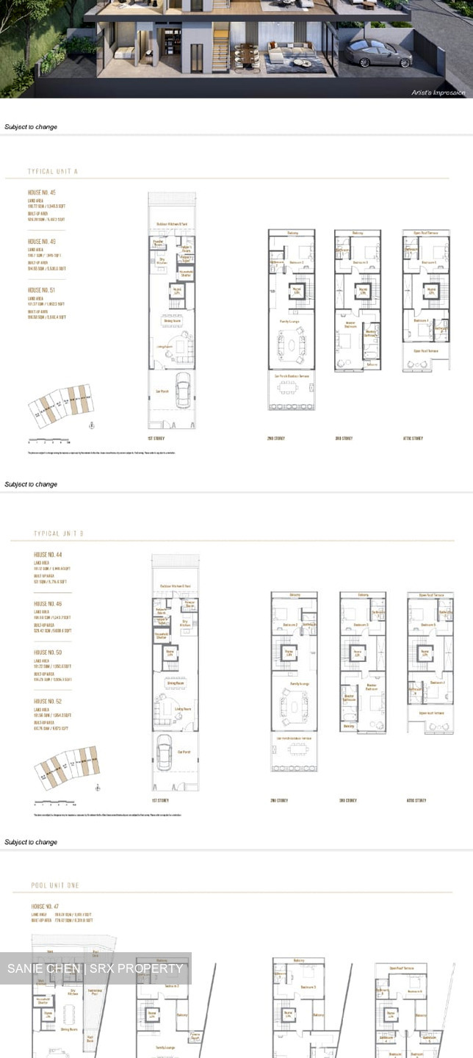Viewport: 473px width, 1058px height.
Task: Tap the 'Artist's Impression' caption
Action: [439, 93]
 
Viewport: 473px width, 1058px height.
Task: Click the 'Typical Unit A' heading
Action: [53, 171]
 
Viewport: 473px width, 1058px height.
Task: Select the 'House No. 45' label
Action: [42, 192]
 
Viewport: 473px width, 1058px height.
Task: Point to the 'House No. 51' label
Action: [42, 290]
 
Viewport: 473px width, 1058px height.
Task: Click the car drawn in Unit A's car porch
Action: [182, 386]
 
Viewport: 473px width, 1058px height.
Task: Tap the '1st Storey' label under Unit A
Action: [156, 439]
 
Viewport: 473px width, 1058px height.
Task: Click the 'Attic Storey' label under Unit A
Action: [413, 439]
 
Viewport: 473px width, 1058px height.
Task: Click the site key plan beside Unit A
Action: [63, 404]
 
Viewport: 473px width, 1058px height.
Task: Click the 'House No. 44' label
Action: [48, 555]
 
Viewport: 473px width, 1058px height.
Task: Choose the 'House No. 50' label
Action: [48, 652]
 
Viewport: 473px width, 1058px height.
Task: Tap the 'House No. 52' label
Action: [48, 702]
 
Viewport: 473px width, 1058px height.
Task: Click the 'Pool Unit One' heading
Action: [55, 886]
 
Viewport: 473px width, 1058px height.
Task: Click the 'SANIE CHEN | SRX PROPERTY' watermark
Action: [95, 968]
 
